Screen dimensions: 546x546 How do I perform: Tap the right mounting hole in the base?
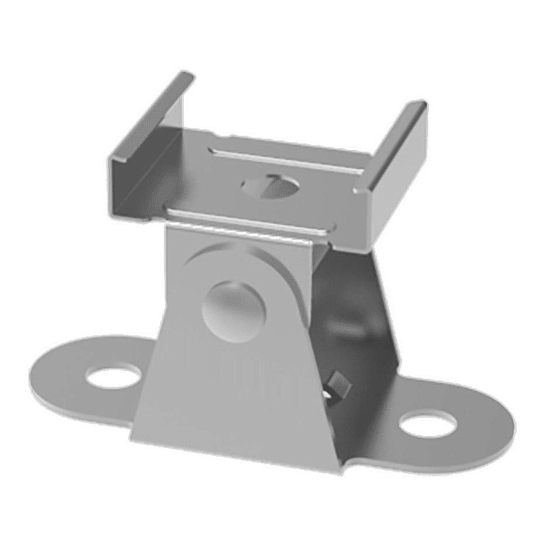(428, 424)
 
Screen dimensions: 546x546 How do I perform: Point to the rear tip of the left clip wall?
(185, 76)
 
